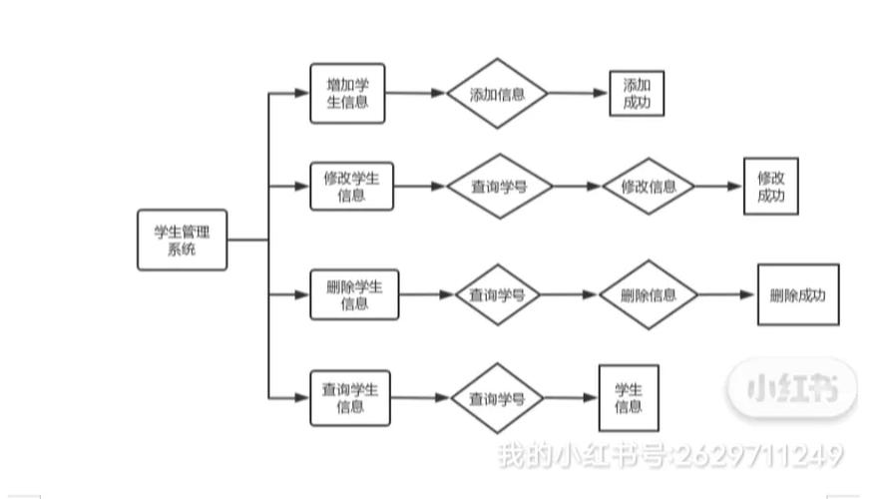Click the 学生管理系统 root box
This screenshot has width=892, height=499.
pyautogui.click(x=182, y=241)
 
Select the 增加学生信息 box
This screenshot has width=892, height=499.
pyautogui.click(x=347, y=94)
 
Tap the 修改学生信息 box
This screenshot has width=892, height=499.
pyautogui.click(x=351, y=187)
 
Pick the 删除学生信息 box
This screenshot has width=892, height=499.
pyautogui.click(x=354, y=295)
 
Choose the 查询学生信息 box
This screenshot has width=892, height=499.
pyautogui.click(x=349, y=398)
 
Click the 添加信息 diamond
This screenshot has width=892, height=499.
pyautogui.click(x=497, y=94)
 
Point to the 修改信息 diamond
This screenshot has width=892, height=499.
pyautogui.click(x=649, y=187)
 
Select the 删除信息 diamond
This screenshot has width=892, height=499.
pyautogui.click(x=649, y=295)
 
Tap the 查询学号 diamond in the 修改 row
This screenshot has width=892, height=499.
pyautogui.click(x=499, y=187)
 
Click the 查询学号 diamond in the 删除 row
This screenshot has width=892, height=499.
pyautogui.click(x=498, y=295)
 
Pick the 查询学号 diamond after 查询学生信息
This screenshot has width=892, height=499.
pyautogui.click(x=497, y=398)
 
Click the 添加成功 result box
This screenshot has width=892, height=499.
pyautogui.click(x=637, y=94)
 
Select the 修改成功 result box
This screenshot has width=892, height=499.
pyautogui.click(x=771, y=187)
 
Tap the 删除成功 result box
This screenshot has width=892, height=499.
pyautogui.click(x=798, y=295)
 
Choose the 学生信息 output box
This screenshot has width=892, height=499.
pyautogui.click(x=629, y=397)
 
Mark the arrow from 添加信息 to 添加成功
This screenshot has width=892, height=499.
pyautogui.click(x=579, y=94)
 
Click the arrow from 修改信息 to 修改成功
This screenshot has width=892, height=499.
pyautogui.click(x=719, y=187)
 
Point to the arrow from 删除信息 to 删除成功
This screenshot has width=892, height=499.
pyautogui.click(x=727, y=295)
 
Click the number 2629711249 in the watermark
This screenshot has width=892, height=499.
pyautogui.click(x=758, y=456)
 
